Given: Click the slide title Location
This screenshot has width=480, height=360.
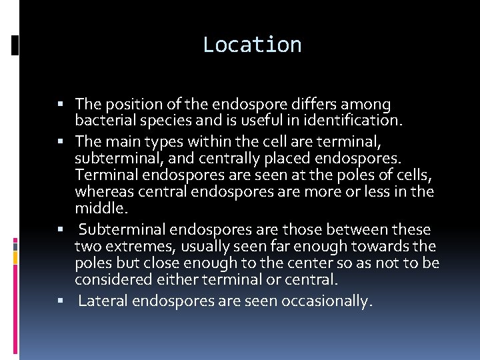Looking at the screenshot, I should tap(252, 45).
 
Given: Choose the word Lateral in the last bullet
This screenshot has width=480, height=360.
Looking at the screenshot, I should tap(103, 301).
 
